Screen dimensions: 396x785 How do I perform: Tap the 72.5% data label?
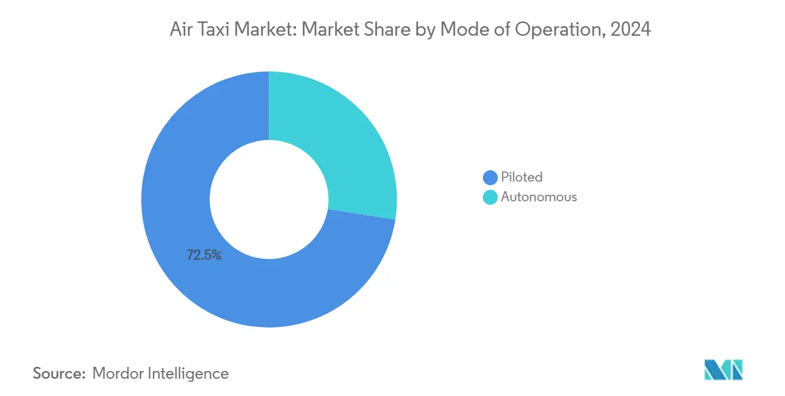click(204, 255)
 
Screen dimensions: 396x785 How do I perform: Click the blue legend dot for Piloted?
click(490, 177)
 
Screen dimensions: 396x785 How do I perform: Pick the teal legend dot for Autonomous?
click(490, 197)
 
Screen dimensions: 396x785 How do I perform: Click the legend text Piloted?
click(522, 177)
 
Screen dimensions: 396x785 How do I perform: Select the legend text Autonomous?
click(539, 197)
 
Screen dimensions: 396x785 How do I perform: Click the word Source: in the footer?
click(59, 373)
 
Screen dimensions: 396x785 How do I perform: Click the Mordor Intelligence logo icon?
click(723, 369)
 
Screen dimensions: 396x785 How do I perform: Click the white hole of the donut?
click(269, 199)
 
